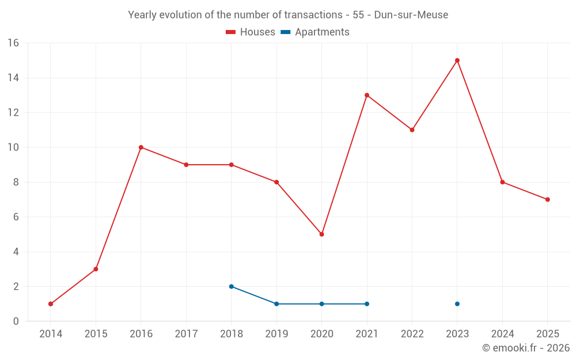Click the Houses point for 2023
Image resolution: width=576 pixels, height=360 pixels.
pyautogui.click(x=457, y=60)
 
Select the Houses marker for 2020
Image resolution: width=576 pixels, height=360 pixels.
pyautogui.click(x=321, y=234)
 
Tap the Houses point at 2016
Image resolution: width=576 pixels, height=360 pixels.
pyautogui.click(x=141, y=147)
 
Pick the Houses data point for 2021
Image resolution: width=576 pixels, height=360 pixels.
pyautogui.click(x=367, y=95)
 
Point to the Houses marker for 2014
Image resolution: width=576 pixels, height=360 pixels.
pyautogui.click(x=51, y=304)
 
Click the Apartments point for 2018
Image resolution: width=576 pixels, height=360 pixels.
pyautogui.click(x=231, y=286)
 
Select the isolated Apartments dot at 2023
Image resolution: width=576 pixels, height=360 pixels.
pyautogui.click(x=457, y=304)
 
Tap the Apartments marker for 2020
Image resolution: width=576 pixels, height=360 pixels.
pyautogui.click(x=321, y=304)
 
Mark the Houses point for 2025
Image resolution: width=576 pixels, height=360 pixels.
pyautogui.click(x=548, y=199)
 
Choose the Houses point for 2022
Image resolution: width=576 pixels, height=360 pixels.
pyautogui.click(x=412, y=130)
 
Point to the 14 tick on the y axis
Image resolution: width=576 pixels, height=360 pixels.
pyautogui.click(x=13, y=78)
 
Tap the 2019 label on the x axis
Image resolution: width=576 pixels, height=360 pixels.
pyautogui.click(x=276, y=334)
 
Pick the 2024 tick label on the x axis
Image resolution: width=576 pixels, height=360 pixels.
pyautogui.click(x=502, y=334)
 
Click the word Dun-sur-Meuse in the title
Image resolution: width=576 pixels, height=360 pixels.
pyautogui.click(x=411, y=15)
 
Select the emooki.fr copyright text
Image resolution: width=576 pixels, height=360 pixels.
pyautogui.click(x=526, y=348)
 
